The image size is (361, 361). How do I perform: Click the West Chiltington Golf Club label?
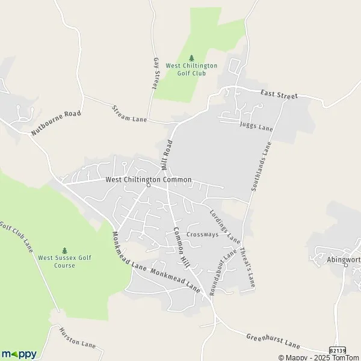tap(191, 69)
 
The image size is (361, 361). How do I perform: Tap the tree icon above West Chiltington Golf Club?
tap(191, 58)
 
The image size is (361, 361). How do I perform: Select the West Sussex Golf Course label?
tap(64, 261)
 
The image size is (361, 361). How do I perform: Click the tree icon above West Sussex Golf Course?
tap(65, 250)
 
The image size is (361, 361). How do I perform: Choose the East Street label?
tap(279, 95)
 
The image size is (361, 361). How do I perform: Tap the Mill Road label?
tap(167, 155)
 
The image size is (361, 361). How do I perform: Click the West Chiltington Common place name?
tap(148, 179)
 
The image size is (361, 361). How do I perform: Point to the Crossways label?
tap(202, 235)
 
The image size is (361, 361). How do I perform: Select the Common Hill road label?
tap(181, 243)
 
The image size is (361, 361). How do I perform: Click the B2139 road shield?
tap(338, 350)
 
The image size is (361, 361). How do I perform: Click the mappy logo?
tap(19, 354)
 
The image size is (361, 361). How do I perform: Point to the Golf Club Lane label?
tap(17, 239)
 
